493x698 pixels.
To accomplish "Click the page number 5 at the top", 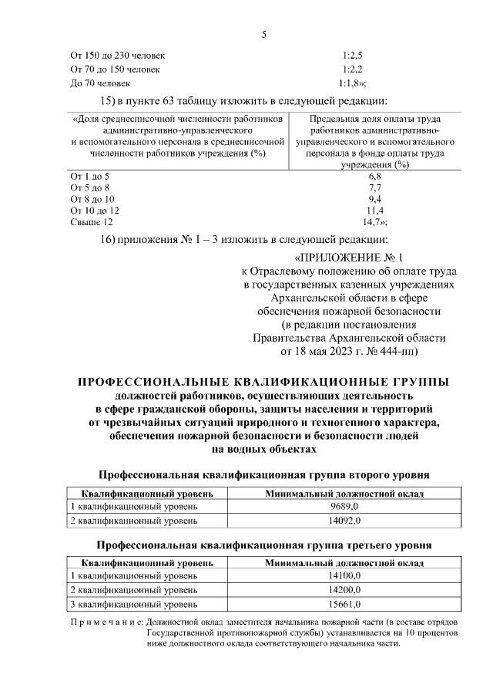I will coord(263,33).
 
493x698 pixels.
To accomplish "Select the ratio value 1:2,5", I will coord(351,56).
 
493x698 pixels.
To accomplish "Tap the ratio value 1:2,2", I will coord(351,69).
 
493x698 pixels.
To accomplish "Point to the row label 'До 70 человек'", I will coord(100,83).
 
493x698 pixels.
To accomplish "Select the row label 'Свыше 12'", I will coord(86,222).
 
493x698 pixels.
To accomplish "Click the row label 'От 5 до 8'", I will coord(90,187).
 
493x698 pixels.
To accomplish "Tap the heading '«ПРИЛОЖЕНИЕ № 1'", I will coord(349,257).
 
